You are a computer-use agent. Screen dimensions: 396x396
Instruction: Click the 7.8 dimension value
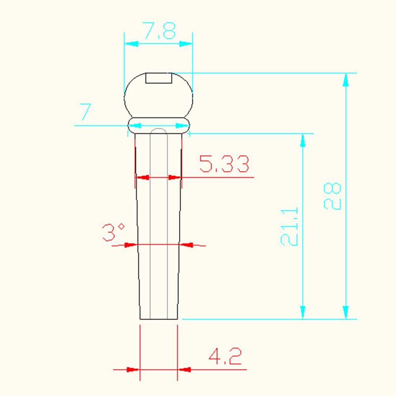tap(159, 30)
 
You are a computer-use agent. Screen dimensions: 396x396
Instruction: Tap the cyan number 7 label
tap(85, 112)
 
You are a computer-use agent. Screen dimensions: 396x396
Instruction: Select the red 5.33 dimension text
tap(224, 164)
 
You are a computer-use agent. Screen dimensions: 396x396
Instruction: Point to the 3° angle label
tap(113, 232)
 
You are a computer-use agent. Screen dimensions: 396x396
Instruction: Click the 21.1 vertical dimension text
tap(289, 227)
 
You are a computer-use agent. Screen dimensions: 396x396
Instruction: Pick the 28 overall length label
tap(332, 196)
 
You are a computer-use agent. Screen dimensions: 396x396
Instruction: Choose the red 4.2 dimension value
tap(225, 356)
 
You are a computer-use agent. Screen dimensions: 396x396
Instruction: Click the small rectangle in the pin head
tap(159, 78)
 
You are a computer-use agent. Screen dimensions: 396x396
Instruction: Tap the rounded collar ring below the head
tap(159, 125)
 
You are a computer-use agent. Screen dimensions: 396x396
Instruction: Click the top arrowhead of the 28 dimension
tap(346, 80)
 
